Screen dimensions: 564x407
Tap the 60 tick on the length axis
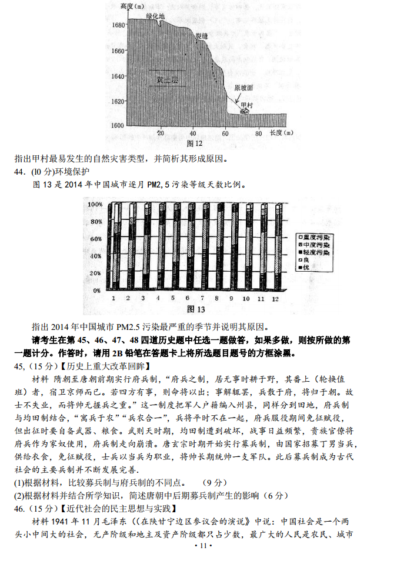pyautogui.click(x=225, y=134)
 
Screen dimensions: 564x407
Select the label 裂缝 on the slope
pyautogui.click(x=202, y=36)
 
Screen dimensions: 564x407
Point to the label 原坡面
pyautogui.click(x=243, y=87)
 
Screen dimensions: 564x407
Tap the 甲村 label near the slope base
pyautogui.click(x=245, y=105)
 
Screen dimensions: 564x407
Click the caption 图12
pyautogui.click(x=194, y=143)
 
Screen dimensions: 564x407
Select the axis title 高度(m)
pyautogui.click(x=131, y=6)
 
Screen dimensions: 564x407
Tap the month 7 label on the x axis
pyautogui.click(x=202, y=298)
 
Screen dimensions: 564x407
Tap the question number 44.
pyautogui.click(x=21, y=171)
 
